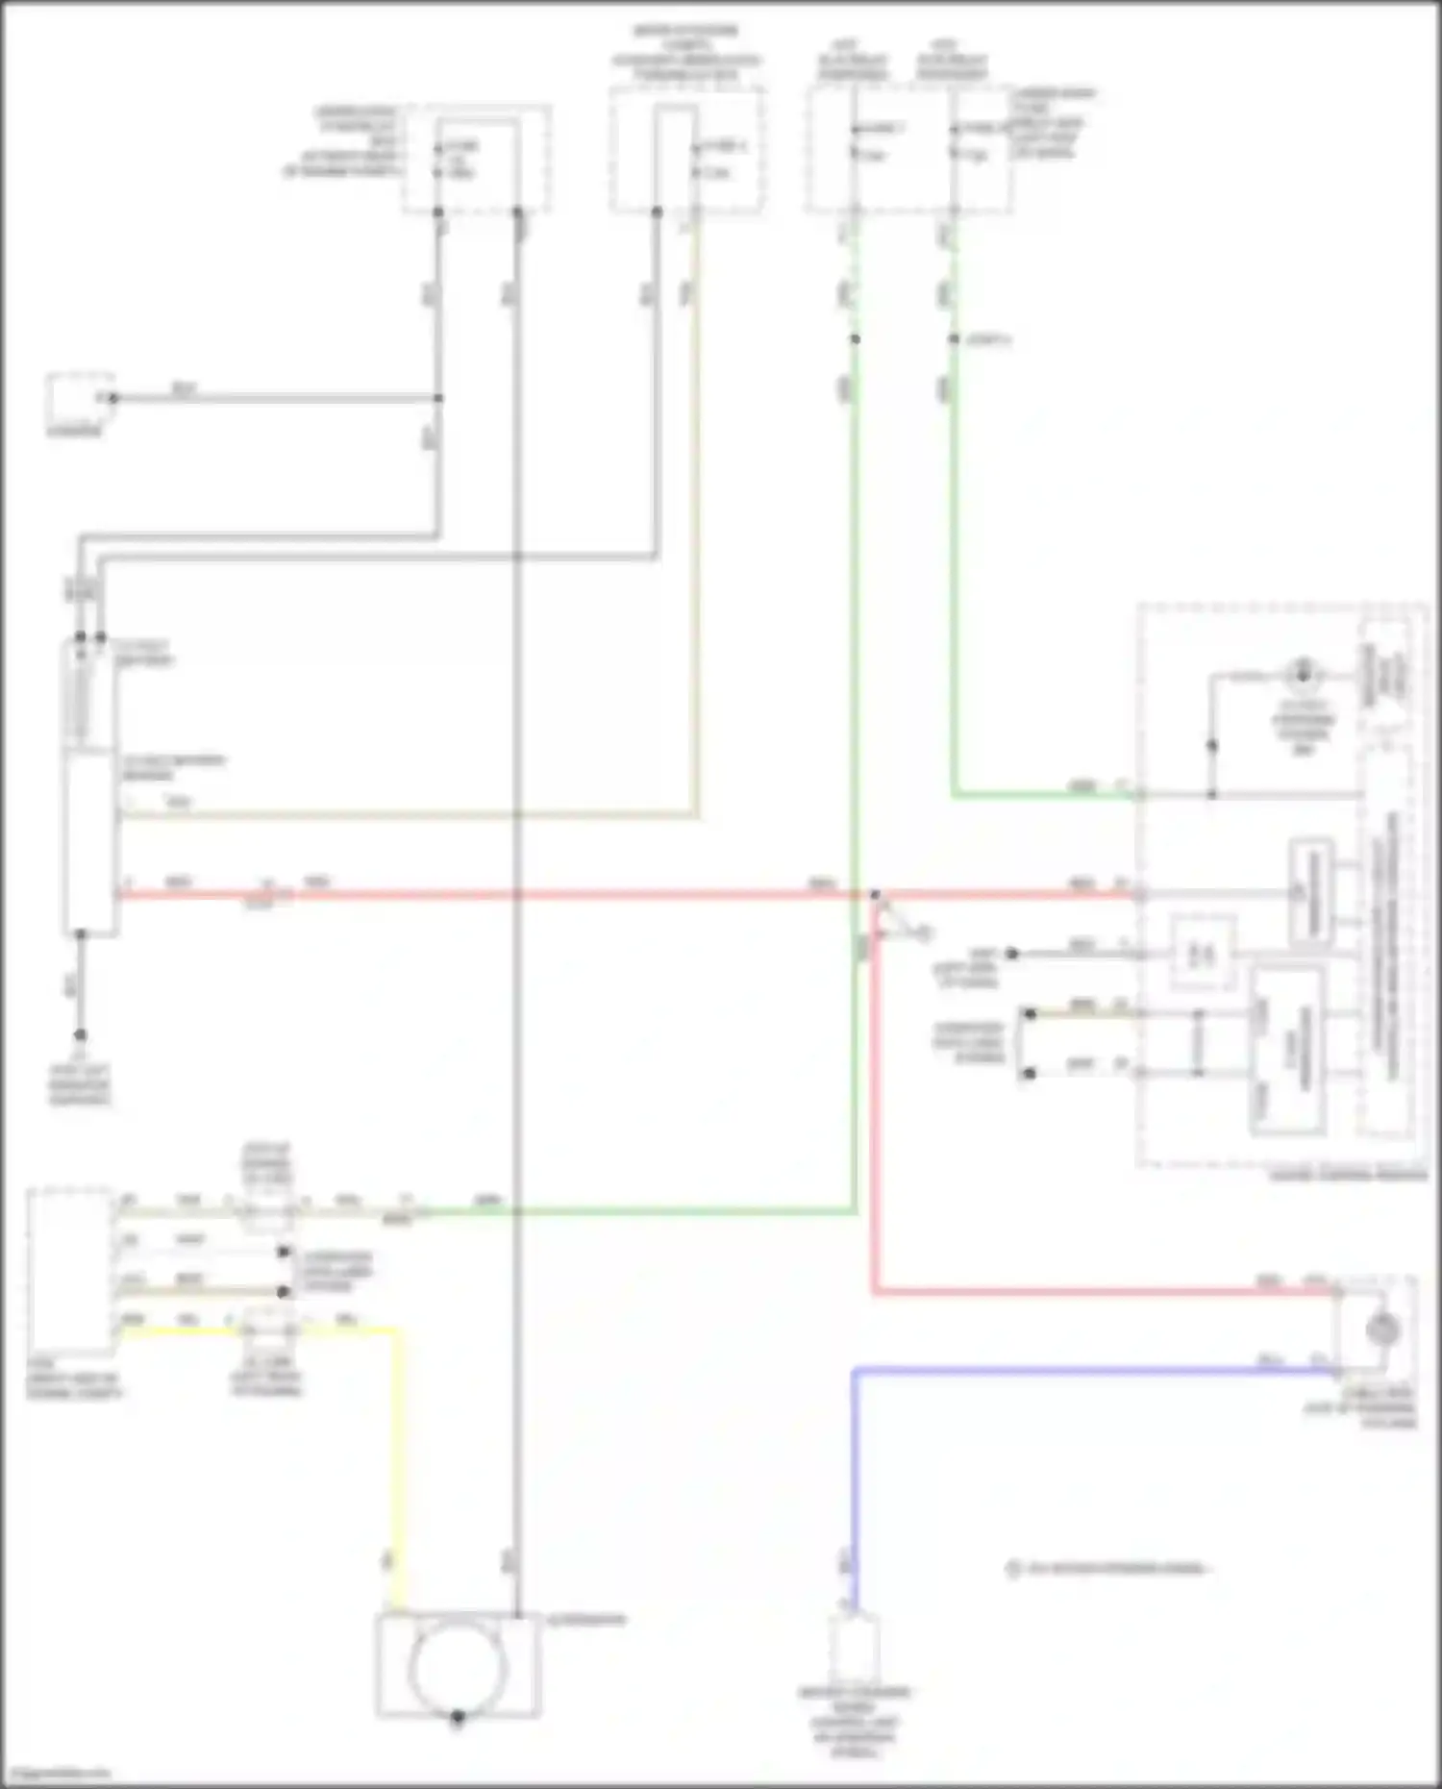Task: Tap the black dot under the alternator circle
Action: (458, 1717)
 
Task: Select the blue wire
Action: (1057, 1370)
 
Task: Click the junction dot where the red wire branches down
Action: (875, 895)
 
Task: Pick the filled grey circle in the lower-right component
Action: (1382, 1329)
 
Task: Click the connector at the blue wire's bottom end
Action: (854, 1646)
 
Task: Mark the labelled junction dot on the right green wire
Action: (954, 339)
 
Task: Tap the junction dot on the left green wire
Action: (855, 339)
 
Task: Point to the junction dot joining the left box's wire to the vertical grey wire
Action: (438, 398)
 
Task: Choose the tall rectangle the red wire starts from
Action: (90, 844)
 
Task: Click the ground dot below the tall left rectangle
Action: (81, 1035)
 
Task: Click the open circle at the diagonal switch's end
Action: (925, 933)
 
